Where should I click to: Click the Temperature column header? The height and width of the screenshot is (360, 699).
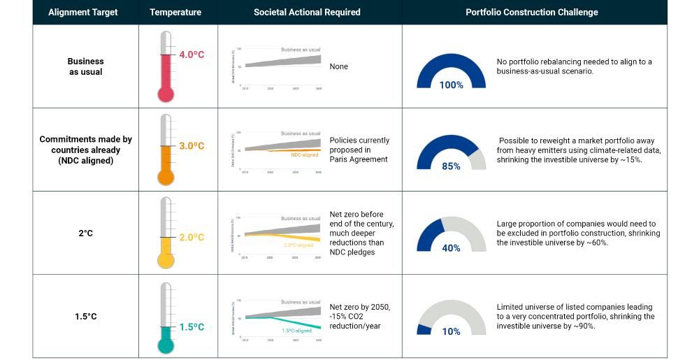[175, 12]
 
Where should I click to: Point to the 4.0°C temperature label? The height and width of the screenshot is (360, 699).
[191, 55]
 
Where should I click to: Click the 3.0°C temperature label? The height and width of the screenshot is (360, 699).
[191, 146]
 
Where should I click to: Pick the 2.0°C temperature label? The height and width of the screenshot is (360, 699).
[191, 238]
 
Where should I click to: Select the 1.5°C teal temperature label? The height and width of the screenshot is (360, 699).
[191, 327]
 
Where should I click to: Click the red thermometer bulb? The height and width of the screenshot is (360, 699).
[165, 94]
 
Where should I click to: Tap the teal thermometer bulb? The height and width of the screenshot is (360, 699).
[165, 345]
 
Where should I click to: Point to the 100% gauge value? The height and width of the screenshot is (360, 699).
[451, 85]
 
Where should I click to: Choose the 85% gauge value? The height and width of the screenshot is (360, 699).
[451, 166]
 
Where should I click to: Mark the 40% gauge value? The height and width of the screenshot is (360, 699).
[451, 248]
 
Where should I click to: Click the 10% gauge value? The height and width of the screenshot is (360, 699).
[451, 331]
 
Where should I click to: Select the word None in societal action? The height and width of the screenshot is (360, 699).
[338, 66]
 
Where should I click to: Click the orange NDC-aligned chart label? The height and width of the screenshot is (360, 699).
[304, 154]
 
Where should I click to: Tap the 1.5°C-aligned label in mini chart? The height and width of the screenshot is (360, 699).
[296, 331]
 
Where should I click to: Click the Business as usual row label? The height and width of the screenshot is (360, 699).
[86, 66]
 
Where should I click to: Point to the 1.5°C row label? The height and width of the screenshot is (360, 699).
[86, 317]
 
